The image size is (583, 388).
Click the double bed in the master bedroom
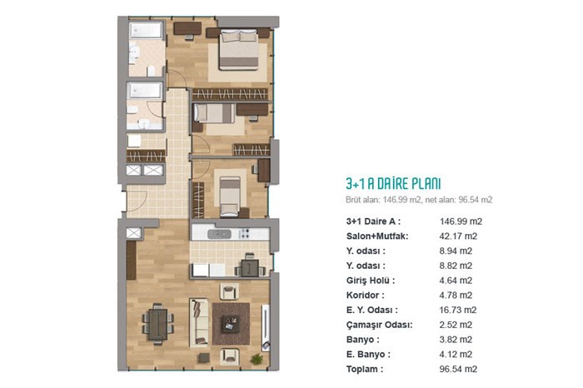tap(239, 50)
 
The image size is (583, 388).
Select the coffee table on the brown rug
tap(232, 324)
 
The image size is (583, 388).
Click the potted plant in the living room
tap(257, 359)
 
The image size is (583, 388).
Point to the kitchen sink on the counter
tap(219, 234)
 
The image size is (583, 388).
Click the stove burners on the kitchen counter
tap(244, 234)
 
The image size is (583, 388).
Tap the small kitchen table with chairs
tap(250, 266)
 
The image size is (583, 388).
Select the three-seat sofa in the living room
tap(198, 322)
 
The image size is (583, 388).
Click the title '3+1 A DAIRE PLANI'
tap(393, 184)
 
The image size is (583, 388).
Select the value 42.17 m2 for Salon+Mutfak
tap(458, 236)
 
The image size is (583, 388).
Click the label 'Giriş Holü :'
tap(371, 281)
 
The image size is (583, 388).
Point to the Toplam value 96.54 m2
tap(458, 369)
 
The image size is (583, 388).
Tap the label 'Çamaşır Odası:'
tap(379, 325)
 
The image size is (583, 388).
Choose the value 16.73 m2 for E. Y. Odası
tap(458, 310)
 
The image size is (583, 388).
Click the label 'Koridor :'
tap(365, 296)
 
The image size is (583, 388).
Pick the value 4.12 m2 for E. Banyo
tap(456, 354)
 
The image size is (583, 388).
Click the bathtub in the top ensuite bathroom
tap(146, 31)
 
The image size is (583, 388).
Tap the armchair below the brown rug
tap(229, 356)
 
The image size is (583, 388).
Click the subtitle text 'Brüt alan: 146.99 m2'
tap(384, 200)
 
